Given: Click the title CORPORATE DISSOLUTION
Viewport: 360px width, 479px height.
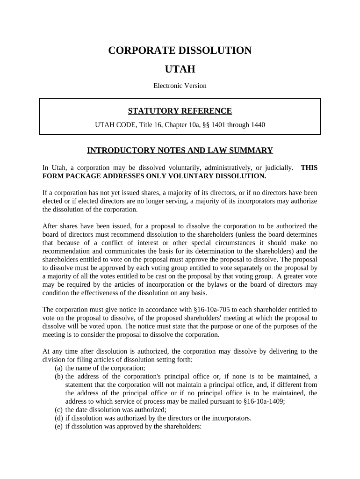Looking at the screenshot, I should [x=180, y=51].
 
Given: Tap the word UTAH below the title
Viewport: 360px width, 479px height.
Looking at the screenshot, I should [x=180, y=70].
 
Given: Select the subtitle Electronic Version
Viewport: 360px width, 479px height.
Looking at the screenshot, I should [x=180, y=86].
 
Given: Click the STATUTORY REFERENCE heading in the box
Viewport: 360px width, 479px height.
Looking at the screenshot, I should [x=180, y=111].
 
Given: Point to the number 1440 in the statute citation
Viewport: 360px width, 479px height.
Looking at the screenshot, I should [x=257, y=125].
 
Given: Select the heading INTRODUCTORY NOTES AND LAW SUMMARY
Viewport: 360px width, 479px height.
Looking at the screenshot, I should [x=180, y=151].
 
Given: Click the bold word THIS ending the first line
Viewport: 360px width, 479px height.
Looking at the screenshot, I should [x=309, y=167].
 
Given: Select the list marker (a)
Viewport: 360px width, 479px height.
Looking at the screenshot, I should [x=59, y=368].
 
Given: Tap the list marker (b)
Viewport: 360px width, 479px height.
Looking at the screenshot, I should [x=59, y=376].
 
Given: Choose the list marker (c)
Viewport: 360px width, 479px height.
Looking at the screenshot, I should [x=59, y=410].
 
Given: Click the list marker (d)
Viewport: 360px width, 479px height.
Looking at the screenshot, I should [x=59, y=418].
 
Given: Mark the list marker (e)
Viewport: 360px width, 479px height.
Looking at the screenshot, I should [x=59, y=427].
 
